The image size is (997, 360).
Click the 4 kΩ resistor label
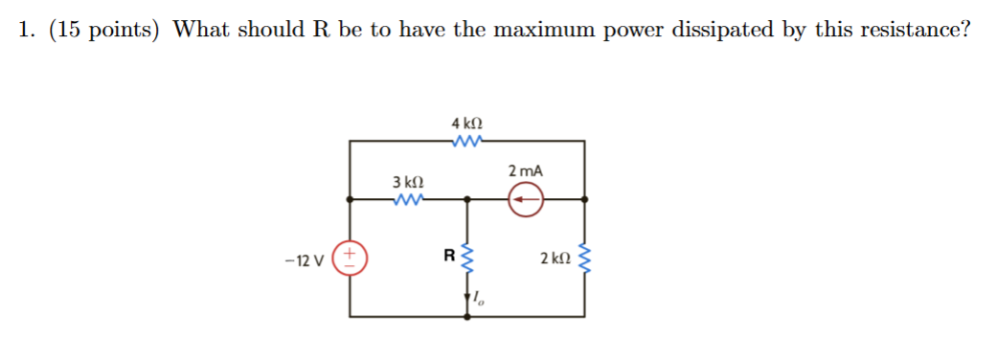pos(466,124)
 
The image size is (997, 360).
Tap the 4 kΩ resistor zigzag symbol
pos(466,142)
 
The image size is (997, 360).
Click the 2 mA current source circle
pos(526,200)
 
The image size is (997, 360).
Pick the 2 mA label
pos(526,170)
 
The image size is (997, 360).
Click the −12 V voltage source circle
pos(351,259)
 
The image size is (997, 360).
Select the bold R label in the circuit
pos(447,257)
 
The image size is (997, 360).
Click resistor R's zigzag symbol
pos(468,259)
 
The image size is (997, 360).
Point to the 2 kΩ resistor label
pos(555,259)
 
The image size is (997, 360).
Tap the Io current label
pos(479,301)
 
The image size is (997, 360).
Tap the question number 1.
pos(26,30)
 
